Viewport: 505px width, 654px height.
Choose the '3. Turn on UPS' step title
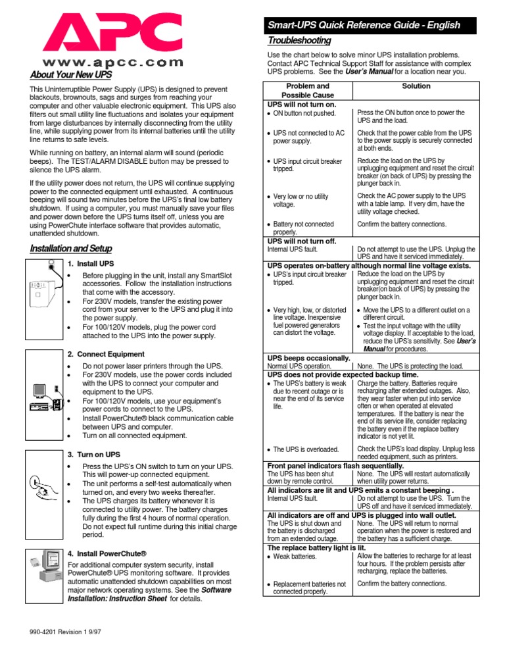tap(95, 455)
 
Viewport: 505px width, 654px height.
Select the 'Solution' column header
tap(416, 86)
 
